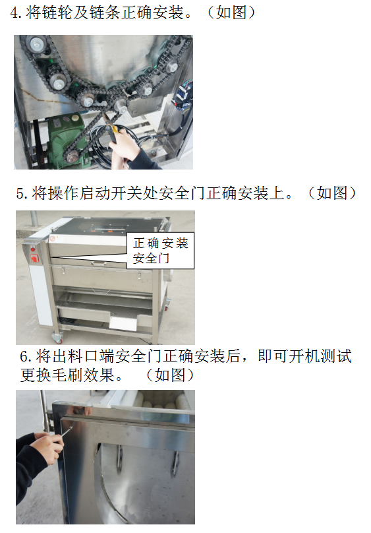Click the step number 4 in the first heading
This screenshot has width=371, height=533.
pos(14,13)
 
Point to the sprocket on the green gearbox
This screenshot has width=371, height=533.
pos(71,158)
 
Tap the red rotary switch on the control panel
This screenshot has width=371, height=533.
pos(35,259)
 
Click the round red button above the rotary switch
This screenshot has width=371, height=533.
pos(33,249)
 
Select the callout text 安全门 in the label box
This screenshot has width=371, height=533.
pos(151,259)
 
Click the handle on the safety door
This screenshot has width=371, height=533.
pos(99,263)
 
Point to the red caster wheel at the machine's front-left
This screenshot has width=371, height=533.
pos(57,338)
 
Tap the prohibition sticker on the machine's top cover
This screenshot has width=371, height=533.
pos(53,238)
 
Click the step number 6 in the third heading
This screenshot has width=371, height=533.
pos(24,357)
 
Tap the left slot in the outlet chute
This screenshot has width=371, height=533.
pos(120,458)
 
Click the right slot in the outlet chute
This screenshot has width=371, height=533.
pos(175,463)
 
